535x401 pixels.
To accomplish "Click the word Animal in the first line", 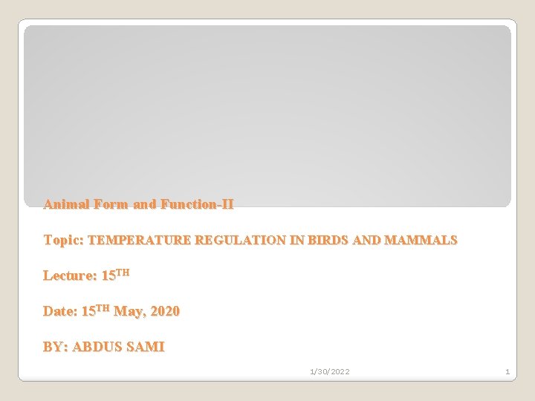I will point(64,203).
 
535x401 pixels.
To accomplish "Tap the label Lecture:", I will point(69,276).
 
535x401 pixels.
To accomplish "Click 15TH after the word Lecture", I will point(115,275).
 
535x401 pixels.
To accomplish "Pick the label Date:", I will point(60,311).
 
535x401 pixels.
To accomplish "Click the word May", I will point(129,311).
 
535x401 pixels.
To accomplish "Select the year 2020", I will point(165,311).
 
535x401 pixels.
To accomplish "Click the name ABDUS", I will point(100,347).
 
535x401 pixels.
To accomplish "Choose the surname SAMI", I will point(148,347).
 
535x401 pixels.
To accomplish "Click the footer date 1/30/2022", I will point(329,371).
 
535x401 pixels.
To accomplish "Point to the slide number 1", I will point(507,371).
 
